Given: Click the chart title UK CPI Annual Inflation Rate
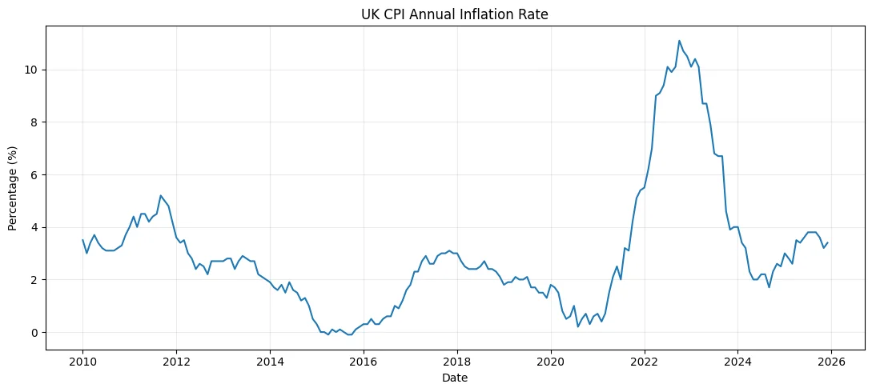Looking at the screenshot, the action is click(x=455, y=15).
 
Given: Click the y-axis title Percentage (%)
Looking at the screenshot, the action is click(x=12, y=189).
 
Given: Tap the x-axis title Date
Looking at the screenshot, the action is click(x=455, y=378).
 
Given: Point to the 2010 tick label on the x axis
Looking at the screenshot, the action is click(x=82, y=362).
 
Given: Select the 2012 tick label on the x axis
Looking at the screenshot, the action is click(x=176, y=362).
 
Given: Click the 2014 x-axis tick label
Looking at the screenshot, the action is click(x=270, y=362).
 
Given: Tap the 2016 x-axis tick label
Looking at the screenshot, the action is click(x=364, y=362).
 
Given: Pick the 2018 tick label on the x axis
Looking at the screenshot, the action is click(x=457, y=362).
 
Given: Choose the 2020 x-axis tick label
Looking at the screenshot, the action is click(x=551, y=362).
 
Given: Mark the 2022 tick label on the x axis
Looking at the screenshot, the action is click(x=645, y=362).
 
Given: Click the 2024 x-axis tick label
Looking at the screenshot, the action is click(x=738, y=362).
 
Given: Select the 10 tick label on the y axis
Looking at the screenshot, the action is click(x=34, y=70).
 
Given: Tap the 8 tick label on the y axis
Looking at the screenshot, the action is click(x=38, y=122).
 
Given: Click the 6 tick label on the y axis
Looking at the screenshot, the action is click(x=38, y=175).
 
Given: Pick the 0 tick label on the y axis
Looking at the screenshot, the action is click(x=38, y=333).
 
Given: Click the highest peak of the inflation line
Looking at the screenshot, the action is click(x=679, y=41).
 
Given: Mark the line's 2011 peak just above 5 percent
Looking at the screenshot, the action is click(x=161, y=195).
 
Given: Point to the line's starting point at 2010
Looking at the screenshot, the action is click(x=82, y=240).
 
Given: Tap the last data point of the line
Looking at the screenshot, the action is click(x=827, y=242).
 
